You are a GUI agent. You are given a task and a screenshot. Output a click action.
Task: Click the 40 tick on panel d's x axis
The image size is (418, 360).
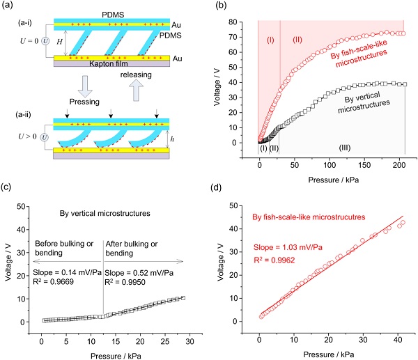coord(395,338)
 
